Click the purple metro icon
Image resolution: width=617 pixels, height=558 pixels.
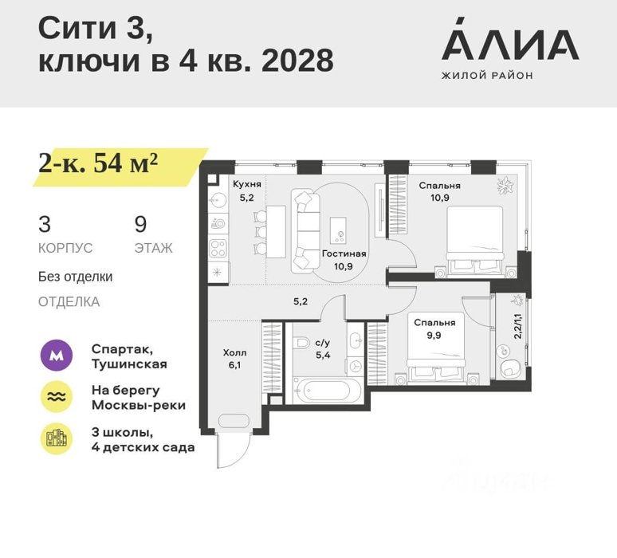[57, 356]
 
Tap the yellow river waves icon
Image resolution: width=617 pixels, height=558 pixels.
[57, 397]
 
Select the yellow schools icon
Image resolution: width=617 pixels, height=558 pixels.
[57, 438]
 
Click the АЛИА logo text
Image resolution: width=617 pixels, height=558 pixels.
[510, 38]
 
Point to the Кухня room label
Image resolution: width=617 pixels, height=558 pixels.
[247, 184]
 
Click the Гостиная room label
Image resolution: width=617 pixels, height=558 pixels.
[344, 253]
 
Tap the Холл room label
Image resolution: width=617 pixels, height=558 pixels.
[234, 352]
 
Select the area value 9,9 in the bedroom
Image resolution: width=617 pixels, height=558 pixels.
[434, 336]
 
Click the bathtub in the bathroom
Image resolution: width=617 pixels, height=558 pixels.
[328, 391]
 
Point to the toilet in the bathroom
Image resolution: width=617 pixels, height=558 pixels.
[301, 342]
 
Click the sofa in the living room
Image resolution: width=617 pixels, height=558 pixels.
[306, 231]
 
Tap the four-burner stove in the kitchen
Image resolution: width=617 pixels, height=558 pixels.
[218, 249]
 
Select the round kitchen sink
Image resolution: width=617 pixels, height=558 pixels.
[218, 202]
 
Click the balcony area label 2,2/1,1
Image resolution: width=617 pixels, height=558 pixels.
[518, 326]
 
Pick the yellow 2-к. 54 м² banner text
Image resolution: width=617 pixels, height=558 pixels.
[98, 163]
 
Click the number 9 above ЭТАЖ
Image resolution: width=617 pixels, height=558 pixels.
[140, 224]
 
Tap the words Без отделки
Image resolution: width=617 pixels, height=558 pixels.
[75, 277]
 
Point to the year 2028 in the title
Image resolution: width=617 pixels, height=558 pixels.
[297, 61]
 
